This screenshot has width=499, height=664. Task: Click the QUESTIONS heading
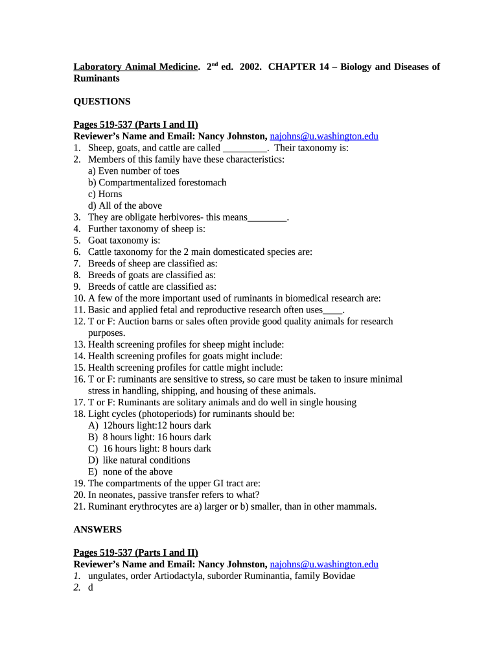click(102, 102)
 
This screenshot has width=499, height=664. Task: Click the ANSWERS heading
click(97, 530)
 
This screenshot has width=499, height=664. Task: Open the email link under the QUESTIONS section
click(323, 136)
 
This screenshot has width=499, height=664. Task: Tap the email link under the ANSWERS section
click(323, 565)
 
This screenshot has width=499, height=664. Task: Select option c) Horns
click(105, 195)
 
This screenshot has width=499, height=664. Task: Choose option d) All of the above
click(125, 206)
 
